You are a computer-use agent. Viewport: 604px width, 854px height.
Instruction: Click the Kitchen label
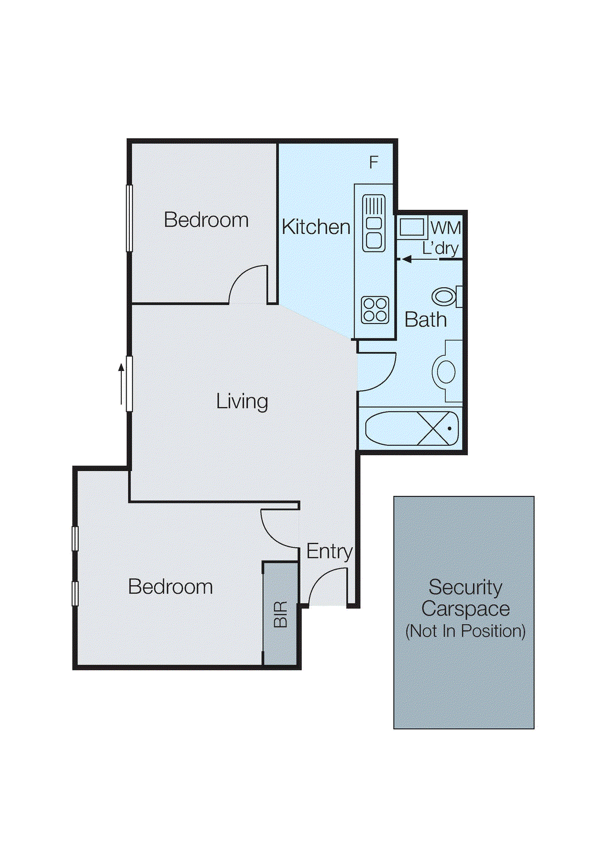[x=316, y=227]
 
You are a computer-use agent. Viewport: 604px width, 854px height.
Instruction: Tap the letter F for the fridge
[x=373, y=162]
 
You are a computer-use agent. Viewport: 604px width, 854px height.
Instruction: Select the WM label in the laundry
[x=445, y=228]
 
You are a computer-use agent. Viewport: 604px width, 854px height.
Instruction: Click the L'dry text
[x=440, y=248]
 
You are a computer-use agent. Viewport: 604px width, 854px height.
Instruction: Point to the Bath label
[x=425, y=320]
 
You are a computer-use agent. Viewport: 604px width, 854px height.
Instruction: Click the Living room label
[x=242, y=401]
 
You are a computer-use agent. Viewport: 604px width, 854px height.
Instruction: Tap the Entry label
[x=329, y=551]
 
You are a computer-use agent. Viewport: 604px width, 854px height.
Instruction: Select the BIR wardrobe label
[x=280, y=614]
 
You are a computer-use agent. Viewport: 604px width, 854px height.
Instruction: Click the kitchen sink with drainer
[x=374, y=223]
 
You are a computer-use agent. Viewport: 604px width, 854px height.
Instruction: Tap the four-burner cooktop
[x=375, y=310]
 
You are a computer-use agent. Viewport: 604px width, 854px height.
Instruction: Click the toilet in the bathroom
[x=446, y=297]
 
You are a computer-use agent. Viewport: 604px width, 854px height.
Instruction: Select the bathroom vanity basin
[x=445, y=371]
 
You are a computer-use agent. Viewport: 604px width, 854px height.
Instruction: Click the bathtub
[x=412, y=428]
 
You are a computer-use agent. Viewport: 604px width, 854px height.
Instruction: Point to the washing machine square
[x=411, y=227]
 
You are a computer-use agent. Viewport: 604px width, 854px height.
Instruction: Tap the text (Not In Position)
[x=465, y=631]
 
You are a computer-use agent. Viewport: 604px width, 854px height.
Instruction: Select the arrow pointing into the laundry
[x=417, y=259]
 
